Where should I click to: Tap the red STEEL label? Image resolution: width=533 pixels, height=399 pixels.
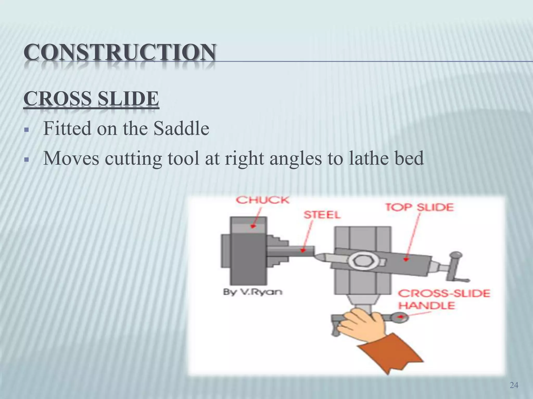click(322, 215)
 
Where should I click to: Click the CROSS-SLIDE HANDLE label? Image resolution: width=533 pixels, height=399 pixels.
click(444, 299)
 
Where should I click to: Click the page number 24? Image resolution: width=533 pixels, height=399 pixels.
click(514, 385)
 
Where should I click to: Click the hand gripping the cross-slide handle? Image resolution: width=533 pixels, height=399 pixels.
click(362, 325)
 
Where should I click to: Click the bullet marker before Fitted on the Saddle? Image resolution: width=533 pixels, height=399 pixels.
click(26, 129)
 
